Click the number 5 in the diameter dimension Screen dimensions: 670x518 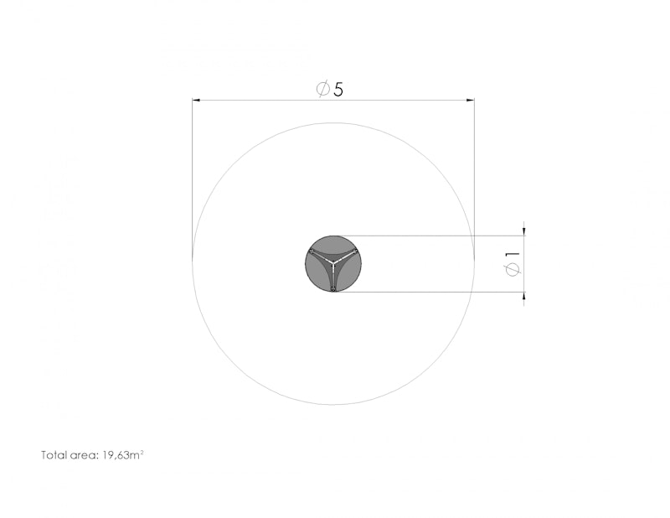pos(338,90)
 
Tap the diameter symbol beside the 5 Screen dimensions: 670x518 pos(323,89)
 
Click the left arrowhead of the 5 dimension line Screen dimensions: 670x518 pos(196,100)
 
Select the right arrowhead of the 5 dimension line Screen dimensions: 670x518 pos(470,100)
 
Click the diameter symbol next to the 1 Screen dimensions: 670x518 pos(513,270)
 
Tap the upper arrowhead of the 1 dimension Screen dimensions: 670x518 pos(524,232)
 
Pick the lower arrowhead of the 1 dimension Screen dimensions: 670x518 pos(524,296)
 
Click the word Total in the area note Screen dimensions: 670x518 pos(54,454)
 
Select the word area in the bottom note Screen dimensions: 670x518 pos(85,455)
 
